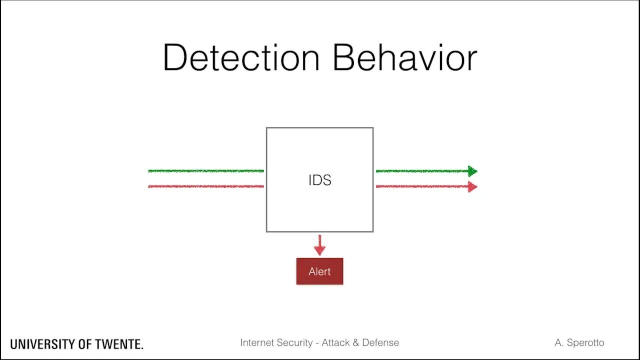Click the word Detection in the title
coord(241,58)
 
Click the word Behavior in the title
coord(404,58)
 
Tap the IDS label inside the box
coord(319,180)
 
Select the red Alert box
coord(319,271)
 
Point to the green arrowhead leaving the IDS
coord(472,171)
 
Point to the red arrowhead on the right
coord(472,187)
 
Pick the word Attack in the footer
coord(336,342)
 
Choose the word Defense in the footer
coord(380,342)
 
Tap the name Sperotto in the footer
coord(585,342)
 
